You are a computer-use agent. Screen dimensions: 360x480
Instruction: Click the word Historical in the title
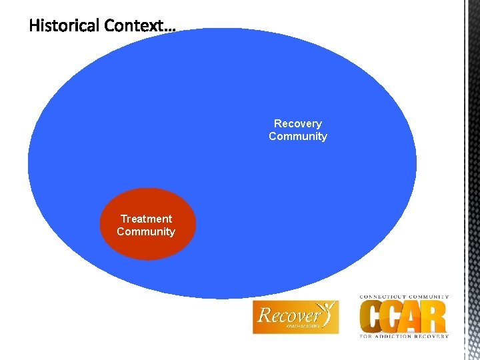[x=66, y=26]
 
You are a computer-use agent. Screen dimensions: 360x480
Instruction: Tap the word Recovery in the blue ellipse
[x=297, y=123]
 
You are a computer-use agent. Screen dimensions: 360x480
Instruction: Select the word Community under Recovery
[x=297, y=136]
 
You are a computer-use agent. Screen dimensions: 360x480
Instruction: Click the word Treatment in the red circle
[x=146, y=219]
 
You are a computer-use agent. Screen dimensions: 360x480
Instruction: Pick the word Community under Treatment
[x=146, y=231]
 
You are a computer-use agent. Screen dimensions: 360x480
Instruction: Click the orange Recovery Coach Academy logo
[x=295, y=317]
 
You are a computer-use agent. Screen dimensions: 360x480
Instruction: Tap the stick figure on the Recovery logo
[x=328, y=311]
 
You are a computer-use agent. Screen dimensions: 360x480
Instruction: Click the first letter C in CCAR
[x=372, y=317]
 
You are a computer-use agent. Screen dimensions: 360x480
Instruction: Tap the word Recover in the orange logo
[x=289, y=314]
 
